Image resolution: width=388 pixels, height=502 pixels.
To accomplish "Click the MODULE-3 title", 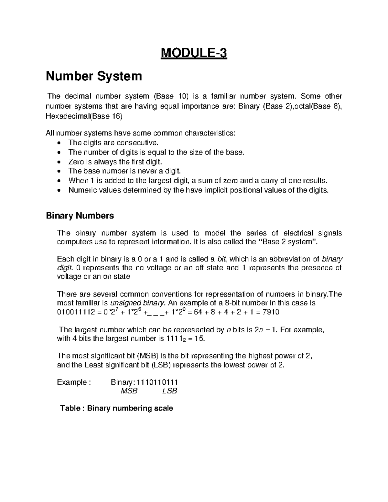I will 194,53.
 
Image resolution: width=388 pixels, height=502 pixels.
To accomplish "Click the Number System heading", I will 94,76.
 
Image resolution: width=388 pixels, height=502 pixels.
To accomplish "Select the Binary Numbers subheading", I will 80,216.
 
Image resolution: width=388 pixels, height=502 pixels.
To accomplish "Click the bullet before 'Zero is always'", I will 58,162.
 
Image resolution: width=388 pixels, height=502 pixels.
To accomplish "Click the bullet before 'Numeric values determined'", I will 58,190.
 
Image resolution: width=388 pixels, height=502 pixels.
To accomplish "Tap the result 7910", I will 271,312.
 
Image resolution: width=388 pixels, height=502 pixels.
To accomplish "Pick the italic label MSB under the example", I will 129,391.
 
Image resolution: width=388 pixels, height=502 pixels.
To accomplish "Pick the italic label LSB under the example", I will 169,391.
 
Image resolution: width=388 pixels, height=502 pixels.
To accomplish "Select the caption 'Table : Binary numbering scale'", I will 117,408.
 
